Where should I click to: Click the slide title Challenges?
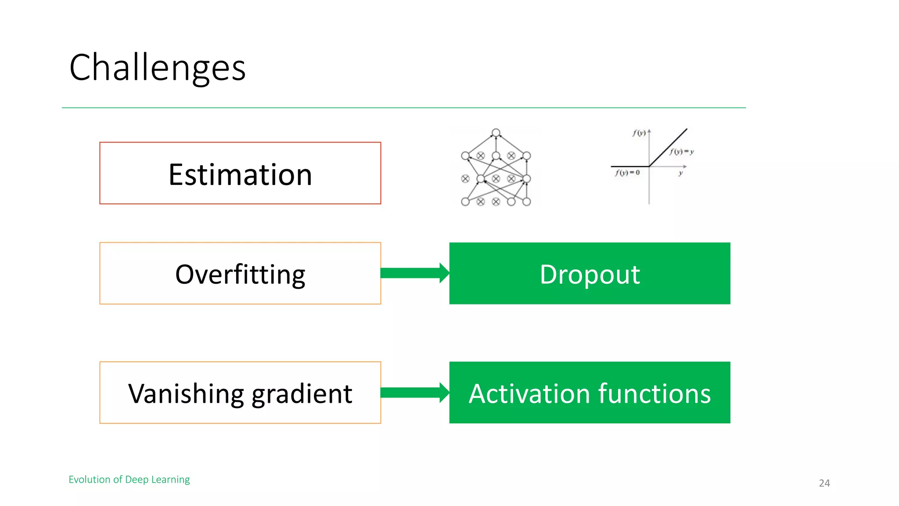[157, 68]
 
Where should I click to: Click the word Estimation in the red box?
[240, 174]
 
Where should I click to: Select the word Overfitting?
[240, 275]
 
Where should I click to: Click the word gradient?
[302, 394]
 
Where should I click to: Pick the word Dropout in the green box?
[590, 275]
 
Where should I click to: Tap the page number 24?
[824, 483]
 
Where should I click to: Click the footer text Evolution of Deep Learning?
[129, 479]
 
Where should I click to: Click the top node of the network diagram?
[496, 133]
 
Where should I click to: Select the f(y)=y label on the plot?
[681, 152]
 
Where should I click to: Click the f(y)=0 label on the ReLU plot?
[627, 173]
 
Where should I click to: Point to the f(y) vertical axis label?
[639, 133]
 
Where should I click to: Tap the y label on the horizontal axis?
[680, 173]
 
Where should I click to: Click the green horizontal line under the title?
[404, 108]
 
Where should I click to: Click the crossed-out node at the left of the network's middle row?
[465, 179]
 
